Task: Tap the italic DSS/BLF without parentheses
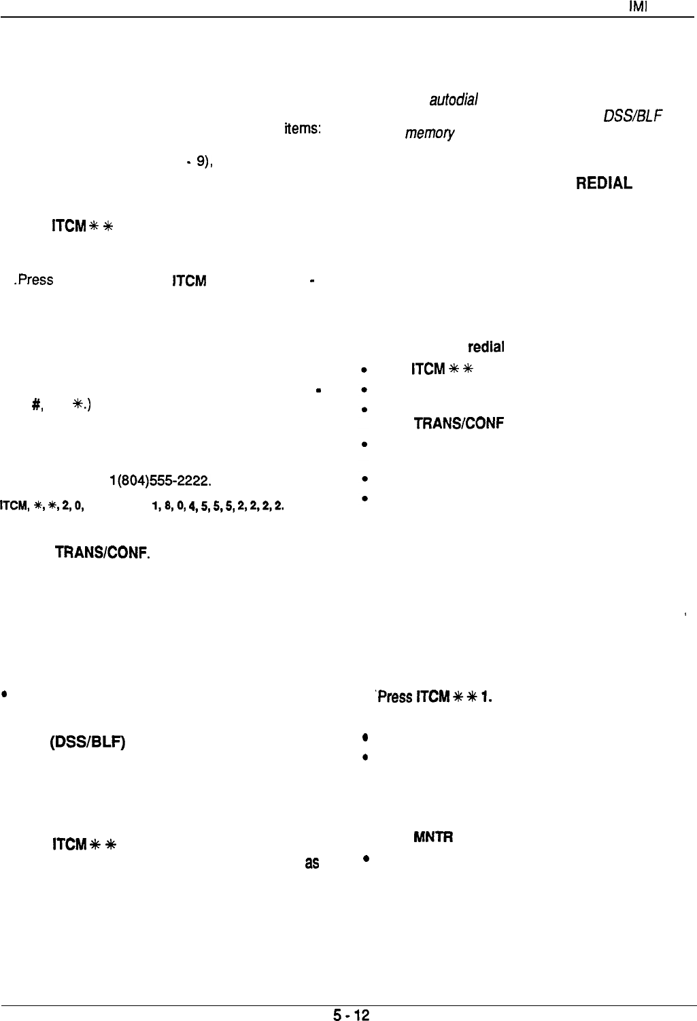(634, 116)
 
